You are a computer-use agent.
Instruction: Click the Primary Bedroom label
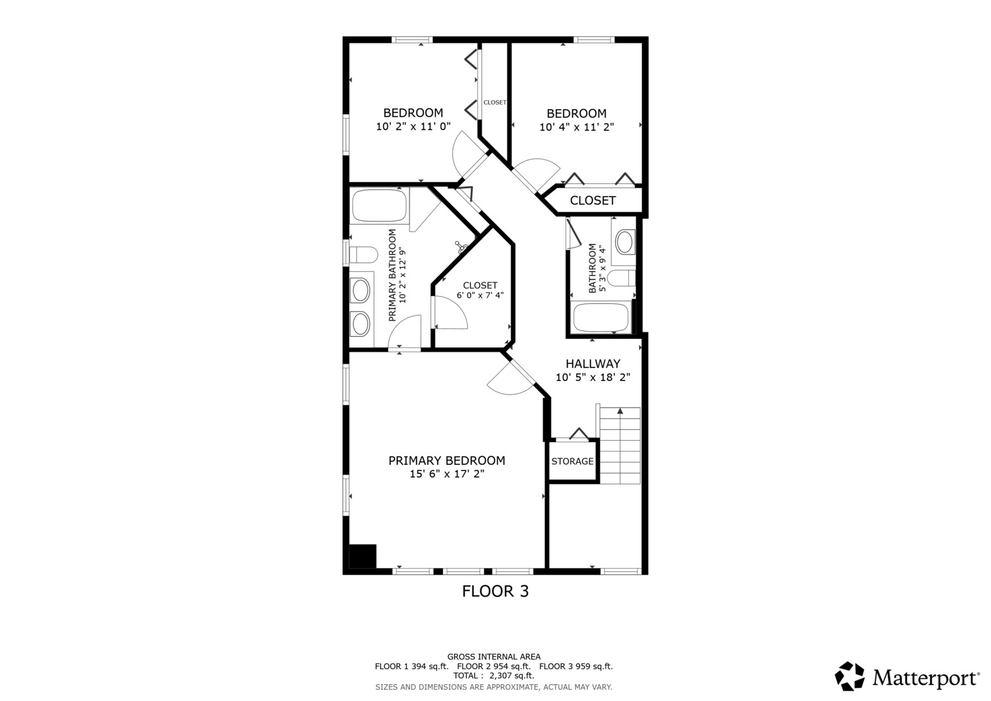click(x=447, y=461)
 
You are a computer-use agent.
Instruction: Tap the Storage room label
click(x=572, y=461)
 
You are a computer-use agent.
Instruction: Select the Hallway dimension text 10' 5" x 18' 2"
click(x=593, y=377)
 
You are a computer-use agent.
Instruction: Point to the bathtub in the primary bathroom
click(x=380, y=206)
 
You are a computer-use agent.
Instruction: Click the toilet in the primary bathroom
click(x=363, y=255)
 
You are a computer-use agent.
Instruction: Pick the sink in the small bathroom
click(x=624, y=242)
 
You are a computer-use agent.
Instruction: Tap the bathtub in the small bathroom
click(x=601, y=317)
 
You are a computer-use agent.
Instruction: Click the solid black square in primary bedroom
click(x=363, y=556)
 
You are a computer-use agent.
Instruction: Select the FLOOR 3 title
click(x=496, y=591)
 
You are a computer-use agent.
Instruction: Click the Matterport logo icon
click(x=850, y=676)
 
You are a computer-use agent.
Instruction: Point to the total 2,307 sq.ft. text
click(x=494, y=676)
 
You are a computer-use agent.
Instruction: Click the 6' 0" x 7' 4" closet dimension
click(x=480, y=295)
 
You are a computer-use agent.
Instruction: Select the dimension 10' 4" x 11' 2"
click(x=576, y=127)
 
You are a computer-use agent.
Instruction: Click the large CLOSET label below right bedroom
click(x=593, y=201)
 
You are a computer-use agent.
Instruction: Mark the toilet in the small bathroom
click(x=621, y=278)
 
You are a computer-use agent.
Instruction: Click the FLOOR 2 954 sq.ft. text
click(x=494, y=667)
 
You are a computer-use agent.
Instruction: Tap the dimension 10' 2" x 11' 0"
click(x=413, y=127)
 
